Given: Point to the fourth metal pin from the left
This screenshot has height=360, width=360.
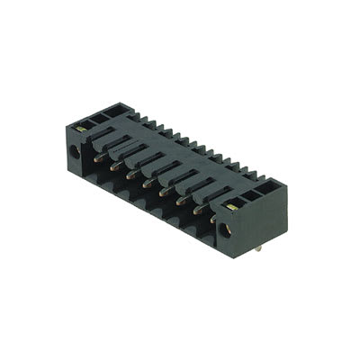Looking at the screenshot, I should click(146, 182).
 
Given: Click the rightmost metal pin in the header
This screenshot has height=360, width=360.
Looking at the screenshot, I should click(213, 217).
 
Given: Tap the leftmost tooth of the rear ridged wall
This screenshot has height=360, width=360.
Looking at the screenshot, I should click(131, 114).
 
